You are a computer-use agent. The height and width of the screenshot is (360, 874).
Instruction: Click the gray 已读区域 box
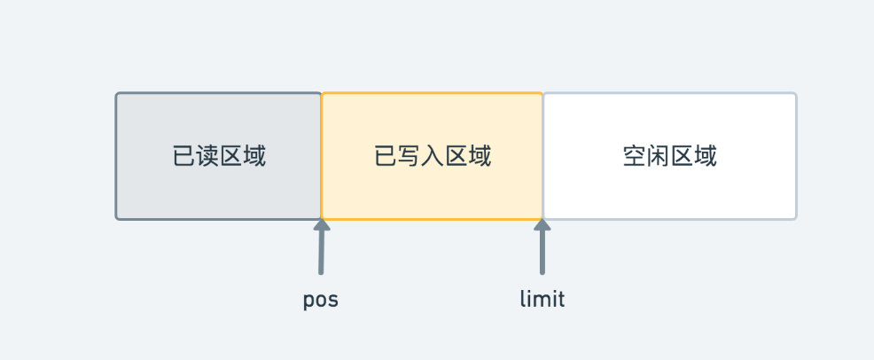coord(218,156)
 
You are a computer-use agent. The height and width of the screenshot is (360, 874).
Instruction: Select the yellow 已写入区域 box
coord(432,156)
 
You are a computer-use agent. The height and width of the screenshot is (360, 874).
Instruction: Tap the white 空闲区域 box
coord(670,156)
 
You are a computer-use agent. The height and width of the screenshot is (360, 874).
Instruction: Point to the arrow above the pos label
coord(322,247)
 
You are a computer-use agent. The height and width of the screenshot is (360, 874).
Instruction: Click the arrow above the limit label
coord(542,247)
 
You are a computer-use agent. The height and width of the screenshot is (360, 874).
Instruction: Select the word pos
coord(321,300)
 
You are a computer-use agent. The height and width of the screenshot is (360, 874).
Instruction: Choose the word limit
coord(542,299)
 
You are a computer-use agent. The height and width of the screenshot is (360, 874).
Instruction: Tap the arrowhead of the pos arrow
coord(322,224)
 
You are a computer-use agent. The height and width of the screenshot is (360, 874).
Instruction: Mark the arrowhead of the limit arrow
coord(542,224)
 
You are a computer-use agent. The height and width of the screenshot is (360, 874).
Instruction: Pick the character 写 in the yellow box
coord(410,156)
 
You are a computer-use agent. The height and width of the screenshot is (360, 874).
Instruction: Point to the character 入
coord(433,156)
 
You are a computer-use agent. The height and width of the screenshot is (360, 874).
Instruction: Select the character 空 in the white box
coord(635,156)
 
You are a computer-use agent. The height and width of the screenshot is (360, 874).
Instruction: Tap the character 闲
coord(659,156)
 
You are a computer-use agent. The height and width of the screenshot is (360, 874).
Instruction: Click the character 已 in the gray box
coord(184,156)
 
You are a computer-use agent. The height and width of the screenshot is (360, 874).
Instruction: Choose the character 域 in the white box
coord(705,156)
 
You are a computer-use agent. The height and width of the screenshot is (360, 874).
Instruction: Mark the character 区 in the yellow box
coord(456,156)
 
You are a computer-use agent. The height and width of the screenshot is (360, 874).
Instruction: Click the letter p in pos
coord(308,301)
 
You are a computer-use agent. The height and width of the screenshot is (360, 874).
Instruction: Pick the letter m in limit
coord(542,301)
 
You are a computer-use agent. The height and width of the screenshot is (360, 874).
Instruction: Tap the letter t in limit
coord(561,299)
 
